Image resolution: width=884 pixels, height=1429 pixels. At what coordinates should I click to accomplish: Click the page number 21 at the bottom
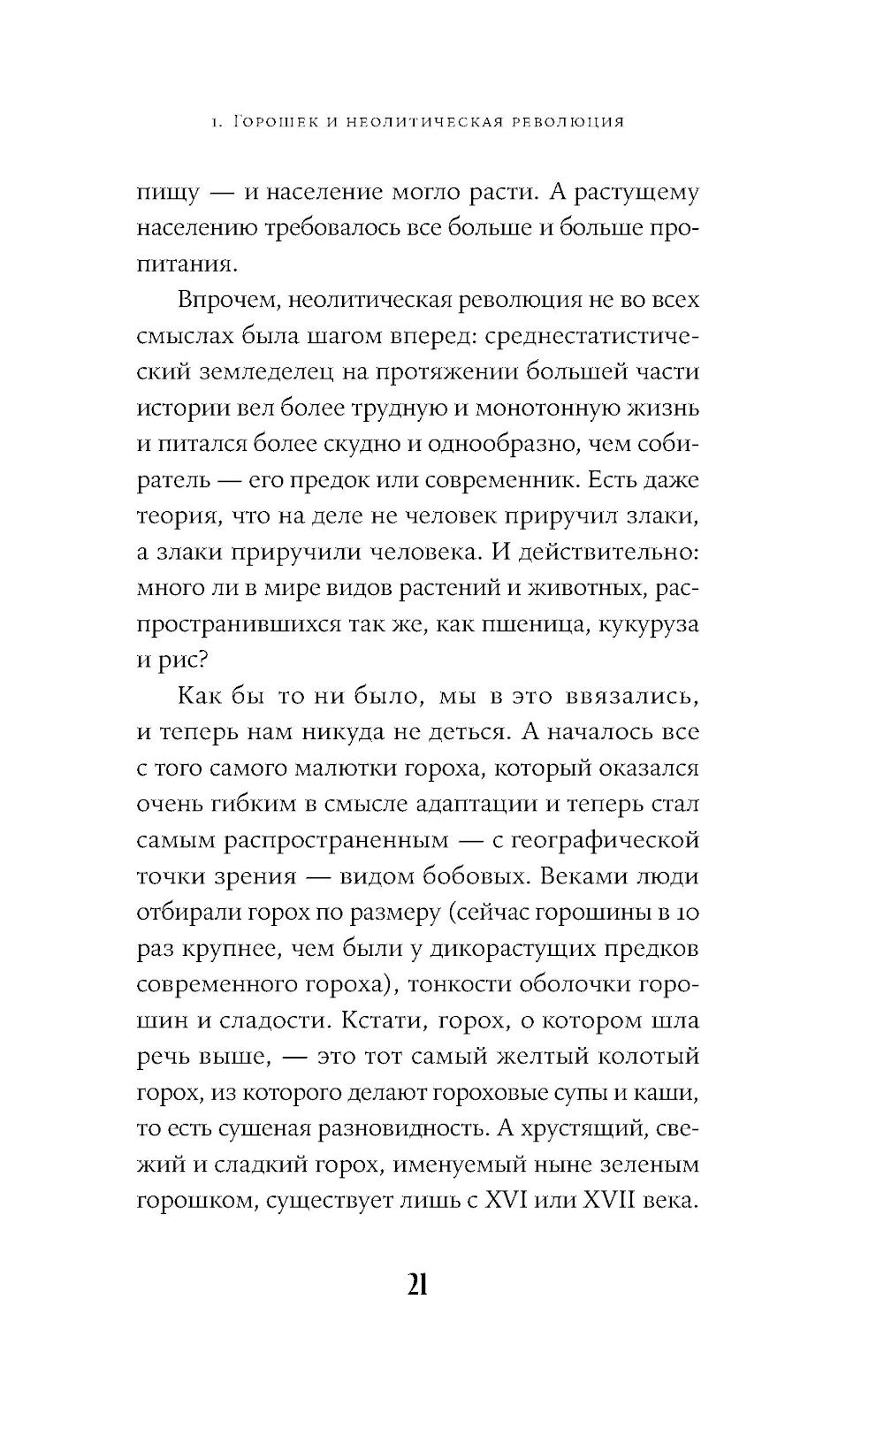pos(418,1285)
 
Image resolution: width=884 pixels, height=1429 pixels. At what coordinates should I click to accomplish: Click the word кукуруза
pos(649,625)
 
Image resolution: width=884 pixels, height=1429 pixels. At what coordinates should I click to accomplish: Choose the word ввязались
pos(629,697)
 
